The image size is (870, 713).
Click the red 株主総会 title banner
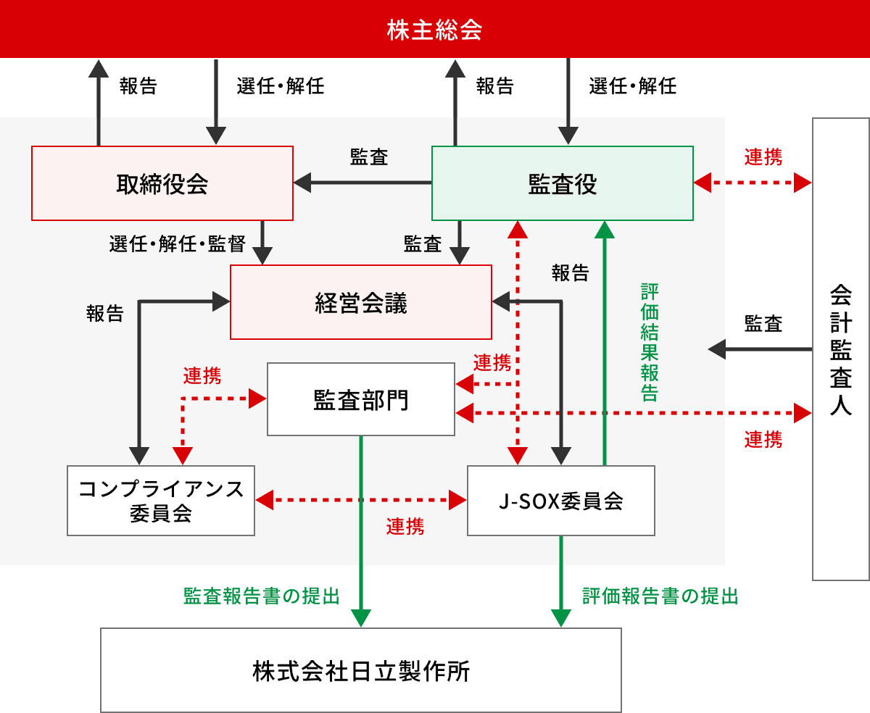coord(434,29)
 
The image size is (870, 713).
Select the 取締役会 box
coord(162,183)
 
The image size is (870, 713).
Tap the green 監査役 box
coord(563,183)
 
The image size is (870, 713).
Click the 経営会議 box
coord(361,302)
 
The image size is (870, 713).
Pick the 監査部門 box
coord(361,399)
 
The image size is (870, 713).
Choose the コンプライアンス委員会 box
coord(161,501)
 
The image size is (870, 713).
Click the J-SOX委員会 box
coord(561,501)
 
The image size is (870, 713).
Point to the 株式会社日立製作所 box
coord(361,670)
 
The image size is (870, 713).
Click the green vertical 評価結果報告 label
coord(649,341)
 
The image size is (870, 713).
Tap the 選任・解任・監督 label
coord(177,243)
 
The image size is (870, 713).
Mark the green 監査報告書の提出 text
coord(262,596)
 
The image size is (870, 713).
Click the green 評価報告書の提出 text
coord(660,596)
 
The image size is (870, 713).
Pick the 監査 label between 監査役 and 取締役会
coord(369,157)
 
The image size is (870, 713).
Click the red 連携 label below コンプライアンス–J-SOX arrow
coord(405,527)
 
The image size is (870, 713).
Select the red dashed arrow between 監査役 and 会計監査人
coord(753,183)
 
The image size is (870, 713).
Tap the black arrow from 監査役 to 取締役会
coord(362,183)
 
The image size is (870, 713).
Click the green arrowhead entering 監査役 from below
coord(605,228)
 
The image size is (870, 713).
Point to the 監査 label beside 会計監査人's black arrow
coord(763,324)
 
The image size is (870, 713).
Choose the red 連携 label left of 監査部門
coord(202,375)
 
